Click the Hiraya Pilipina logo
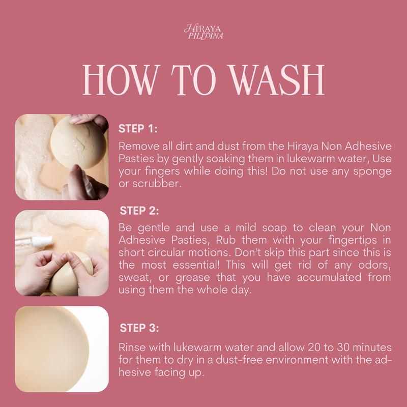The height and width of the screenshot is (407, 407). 203,32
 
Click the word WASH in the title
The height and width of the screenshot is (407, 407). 277,80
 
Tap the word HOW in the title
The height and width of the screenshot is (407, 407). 120,80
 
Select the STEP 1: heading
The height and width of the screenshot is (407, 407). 137,129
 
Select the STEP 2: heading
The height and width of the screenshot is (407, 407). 139,211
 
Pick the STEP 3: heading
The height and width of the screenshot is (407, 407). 139,328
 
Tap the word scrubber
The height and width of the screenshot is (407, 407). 157,184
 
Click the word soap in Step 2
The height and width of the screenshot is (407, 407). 274,228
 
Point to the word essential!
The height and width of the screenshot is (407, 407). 196,265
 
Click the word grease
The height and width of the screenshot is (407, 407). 193,278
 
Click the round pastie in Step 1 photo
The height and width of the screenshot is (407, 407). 78,142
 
